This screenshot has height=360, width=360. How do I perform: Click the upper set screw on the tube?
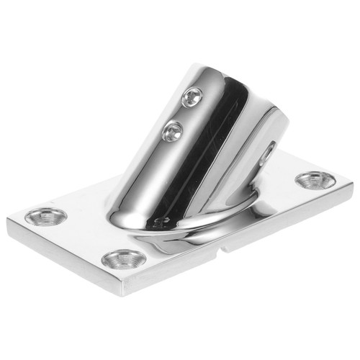[x=192, y=96]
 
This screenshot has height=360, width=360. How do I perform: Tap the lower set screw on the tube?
[x=173, y=130]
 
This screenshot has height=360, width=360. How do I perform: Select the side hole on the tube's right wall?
[x=268, y=151]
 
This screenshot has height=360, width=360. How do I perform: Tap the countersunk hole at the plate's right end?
[x=314, y=179]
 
